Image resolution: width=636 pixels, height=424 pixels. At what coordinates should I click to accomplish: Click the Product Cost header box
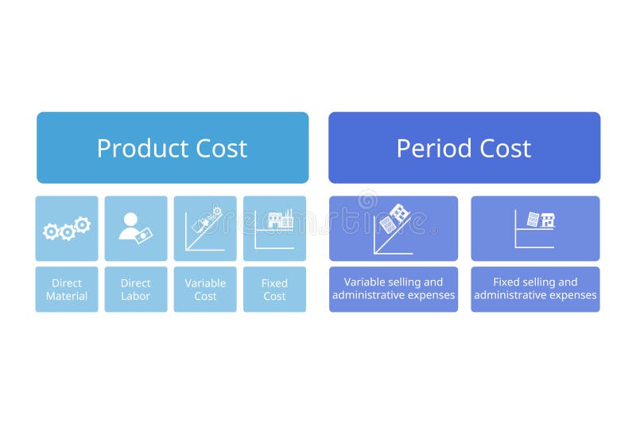click(173, 148)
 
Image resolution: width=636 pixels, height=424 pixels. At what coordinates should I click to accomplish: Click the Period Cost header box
click(464, 148)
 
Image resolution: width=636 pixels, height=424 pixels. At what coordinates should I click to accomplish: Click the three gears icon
click(67, 228)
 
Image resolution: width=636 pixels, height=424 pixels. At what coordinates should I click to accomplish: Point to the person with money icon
click(135, 228)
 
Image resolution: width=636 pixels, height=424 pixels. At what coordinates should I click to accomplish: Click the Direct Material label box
click(67, 290)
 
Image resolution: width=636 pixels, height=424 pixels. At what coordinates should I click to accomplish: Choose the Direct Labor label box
click(136, 290)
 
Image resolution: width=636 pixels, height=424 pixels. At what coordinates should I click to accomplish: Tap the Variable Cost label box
click(205, 290)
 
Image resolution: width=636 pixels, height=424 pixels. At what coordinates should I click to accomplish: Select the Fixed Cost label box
click(274, 290)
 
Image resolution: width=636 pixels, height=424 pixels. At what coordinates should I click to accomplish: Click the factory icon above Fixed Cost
click(278, 220)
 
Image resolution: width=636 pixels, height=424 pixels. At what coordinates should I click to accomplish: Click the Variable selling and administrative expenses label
click(394, 289)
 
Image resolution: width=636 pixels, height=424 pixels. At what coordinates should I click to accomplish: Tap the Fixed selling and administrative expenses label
click(535, 289)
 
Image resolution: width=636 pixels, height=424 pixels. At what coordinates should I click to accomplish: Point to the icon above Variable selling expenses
click(394, 228)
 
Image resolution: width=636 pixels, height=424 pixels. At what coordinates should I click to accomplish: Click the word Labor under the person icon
click(136, 297)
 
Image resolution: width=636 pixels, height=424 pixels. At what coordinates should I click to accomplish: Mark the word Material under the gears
click(67, 297)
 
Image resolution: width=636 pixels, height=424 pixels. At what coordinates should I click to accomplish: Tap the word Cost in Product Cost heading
click(217, 149)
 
